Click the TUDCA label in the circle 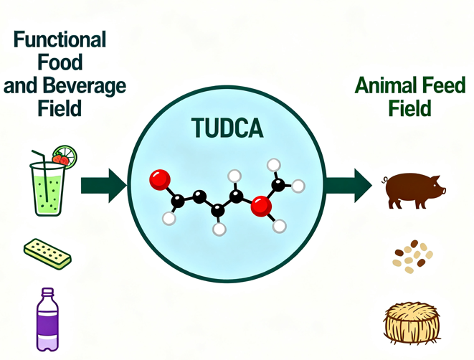pos(228,128)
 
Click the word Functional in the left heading pos(60,39)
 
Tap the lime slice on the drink pos(66,154)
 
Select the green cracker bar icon pos(47,252)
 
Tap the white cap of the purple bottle pos(47,293)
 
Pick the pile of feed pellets pos(412,257)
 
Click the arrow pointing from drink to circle pos(103,186)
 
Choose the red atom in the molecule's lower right pos(262,207)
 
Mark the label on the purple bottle pos(47,324)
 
